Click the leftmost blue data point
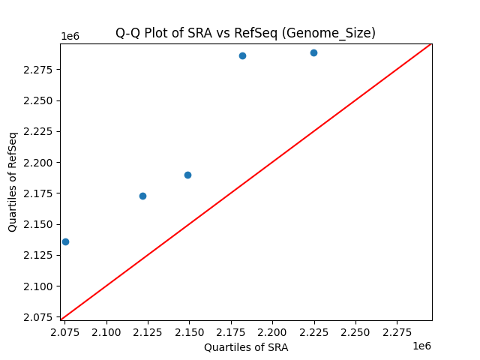pyautogui.click(x=65, y=241)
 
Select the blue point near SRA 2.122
pyautogui.click(x=142, y=196)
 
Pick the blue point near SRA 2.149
pyautogui.click(x=187, y=175)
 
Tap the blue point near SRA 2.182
pyautogui.click(x=242, y=55)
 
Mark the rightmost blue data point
pyautogui.click(x=313, y=52)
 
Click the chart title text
pyautogui.click(x=245, y=33)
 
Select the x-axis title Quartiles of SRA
pyautogui.click(x=246, y=347)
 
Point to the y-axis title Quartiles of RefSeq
pyautogui.click(x=13, y=181)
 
